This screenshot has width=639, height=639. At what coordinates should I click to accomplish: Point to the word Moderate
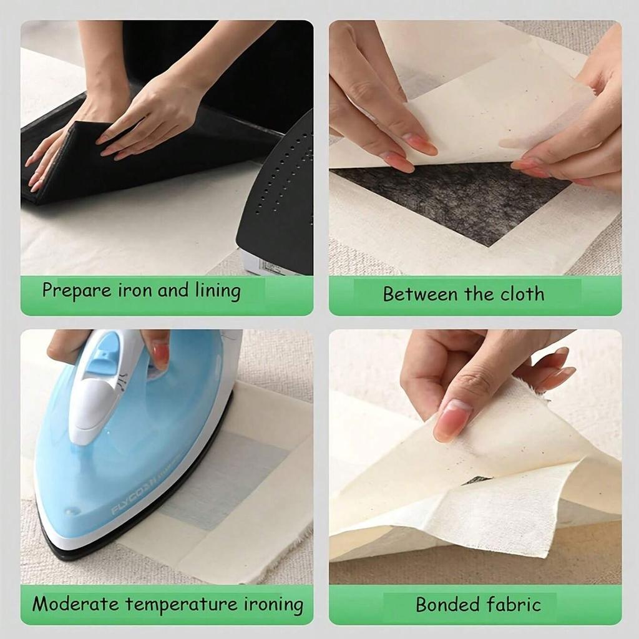(75, 604)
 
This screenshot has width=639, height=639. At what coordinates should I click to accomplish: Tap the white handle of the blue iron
(100, 393)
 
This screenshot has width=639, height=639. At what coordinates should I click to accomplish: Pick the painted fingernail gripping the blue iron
(160, 354)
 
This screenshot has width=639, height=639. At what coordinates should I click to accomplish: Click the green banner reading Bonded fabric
(475, 605)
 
